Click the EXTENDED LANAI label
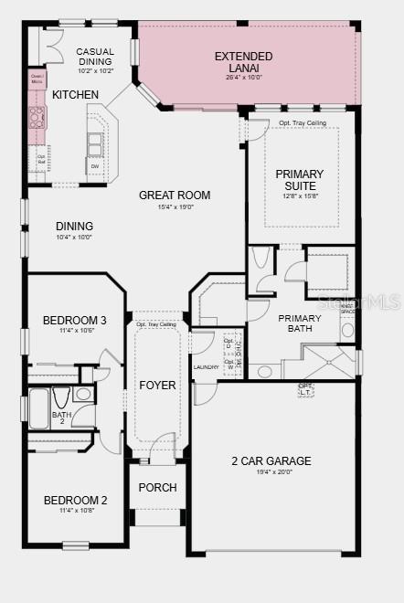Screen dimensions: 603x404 pyautogui.click(x=244, y=62)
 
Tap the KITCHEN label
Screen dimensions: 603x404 pyautogui.click(x=76, y=95)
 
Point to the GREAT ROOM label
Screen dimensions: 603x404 pyautogui.click(x=175, y=195)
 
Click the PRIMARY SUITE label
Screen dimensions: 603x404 pyautogui.click(x=299, y=180)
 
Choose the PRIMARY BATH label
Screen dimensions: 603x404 pyautogui.click(x=300, y=323)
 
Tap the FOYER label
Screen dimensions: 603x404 pyautogui.click(x=157, y=385)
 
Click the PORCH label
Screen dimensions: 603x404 pyautogui.click(x=157, y=488)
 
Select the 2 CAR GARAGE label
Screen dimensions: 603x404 pyautogui.click(x=271, y=461)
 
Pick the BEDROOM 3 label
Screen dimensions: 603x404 pyautogui.click(x=75, y=321)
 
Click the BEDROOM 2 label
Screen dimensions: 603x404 pyautogui.click(x=75, y=501)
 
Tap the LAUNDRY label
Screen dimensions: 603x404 pyautogui.click(x=207, y=367)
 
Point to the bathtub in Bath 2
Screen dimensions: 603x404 pyautogui.click(x=38, y=407)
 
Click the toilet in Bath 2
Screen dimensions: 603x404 pyautogui.click(x=60, y=398)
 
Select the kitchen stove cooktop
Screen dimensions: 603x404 pyautogui.click(x=37, y=118)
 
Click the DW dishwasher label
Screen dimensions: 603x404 pyautogui.click(x=94, y=166)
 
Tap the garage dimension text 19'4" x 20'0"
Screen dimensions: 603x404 pyautogui.click(x=271, y=473)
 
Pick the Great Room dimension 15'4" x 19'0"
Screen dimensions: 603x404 pyautogui.click(x=175, y=206)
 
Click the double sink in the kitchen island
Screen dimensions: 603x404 pyautogui.click(x=94, y=144)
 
